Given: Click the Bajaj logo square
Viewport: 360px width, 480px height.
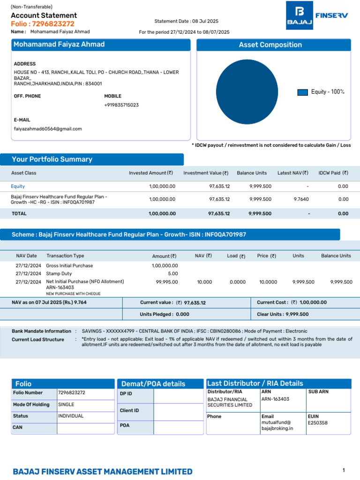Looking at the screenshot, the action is click(300, 15).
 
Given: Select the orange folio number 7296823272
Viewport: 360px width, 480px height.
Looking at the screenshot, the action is click(53, 24).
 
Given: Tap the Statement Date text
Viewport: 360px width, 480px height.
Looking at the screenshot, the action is click(186, 21).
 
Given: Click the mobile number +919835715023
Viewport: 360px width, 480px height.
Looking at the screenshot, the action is click(121, 105).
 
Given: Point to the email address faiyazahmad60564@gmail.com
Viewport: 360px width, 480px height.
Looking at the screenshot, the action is click(48, 129).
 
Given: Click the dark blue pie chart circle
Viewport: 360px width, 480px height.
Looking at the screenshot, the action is click(247, 92).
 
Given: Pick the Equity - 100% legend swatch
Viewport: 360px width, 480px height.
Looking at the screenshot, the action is click(302, 92).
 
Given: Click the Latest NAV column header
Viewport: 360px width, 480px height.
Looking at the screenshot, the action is click(292, 173).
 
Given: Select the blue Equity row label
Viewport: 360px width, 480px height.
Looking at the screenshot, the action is click(18, 187).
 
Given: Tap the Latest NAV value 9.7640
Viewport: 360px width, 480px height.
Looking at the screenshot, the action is click(301, 199).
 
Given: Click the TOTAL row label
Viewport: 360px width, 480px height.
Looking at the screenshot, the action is click(19, 214).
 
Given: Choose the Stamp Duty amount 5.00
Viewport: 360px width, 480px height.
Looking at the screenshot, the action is click(173, 274).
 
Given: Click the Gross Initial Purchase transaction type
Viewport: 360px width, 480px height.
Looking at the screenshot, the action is click(69, 266).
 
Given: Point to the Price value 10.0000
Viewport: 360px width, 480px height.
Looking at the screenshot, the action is click(268, 282).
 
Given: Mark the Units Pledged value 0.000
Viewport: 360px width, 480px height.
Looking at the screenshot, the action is click(182, 315).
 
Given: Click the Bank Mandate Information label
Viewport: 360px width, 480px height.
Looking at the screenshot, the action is click(41, 331).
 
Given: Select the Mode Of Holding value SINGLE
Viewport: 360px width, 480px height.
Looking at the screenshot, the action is click(66, 405).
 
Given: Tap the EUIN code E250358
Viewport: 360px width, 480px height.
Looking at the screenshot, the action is click(318, 423).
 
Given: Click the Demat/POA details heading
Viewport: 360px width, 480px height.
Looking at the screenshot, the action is click(153, 384).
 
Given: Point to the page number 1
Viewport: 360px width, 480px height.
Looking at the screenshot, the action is click(344, 470).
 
